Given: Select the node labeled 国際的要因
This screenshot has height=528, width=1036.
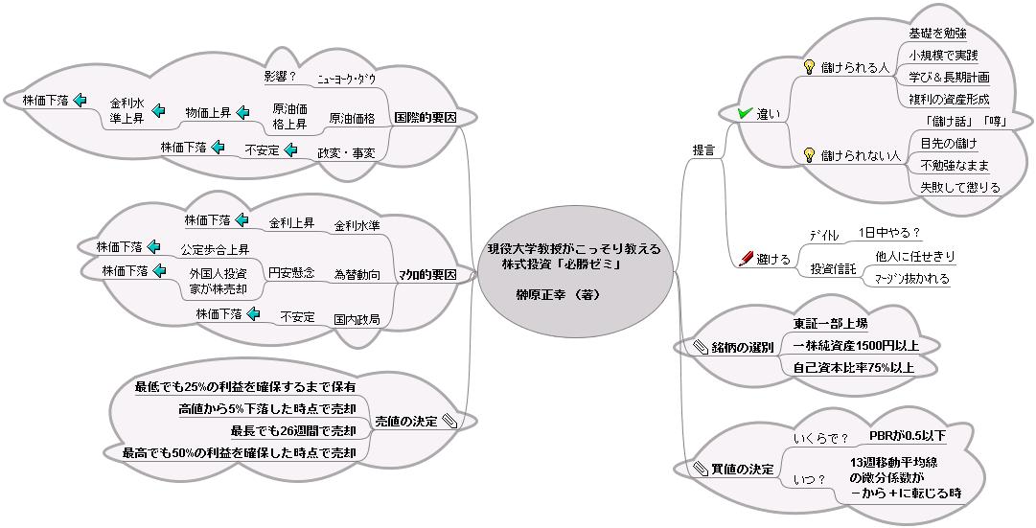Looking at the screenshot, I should pyautogui.click(x=425, y=118).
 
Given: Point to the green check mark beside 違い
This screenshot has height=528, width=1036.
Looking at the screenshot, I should pyautogui.click(x=745, y=114).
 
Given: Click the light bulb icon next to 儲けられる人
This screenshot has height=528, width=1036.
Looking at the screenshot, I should pyautogui.click(x=809, y=67).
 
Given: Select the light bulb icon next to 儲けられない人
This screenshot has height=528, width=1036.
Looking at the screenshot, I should pyautogui.click(x=809, y=154).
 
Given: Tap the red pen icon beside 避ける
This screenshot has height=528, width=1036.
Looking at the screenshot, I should pyautogui.click(x=748, y=259).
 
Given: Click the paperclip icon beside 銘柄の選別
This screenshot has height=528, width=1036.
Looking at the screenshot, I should pyautogui.click(x=701, y=347).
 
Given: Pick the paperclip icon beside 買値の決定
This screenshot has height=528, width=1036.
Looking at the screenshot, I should pyautogui.click(x=701, y=469).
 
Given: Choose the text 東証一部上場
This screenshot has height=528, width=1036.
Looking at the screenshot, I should pyautogui.click(x=830, y=323).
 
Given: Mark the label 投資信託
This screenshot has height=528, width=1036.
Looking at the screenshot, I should pyautogui.click(x=833, y=269).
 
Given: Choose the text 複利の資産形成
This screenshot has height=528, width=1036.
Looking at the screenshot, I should pyautogui.click(x=949, y=99).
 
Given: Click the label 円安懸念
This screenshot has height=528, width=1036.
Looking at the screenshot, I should pyautogui.click(x=291, y=273).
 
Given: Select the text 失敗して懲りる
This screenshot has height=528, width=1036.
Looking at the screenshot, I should pyautogui.click(x=959, y=187).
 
